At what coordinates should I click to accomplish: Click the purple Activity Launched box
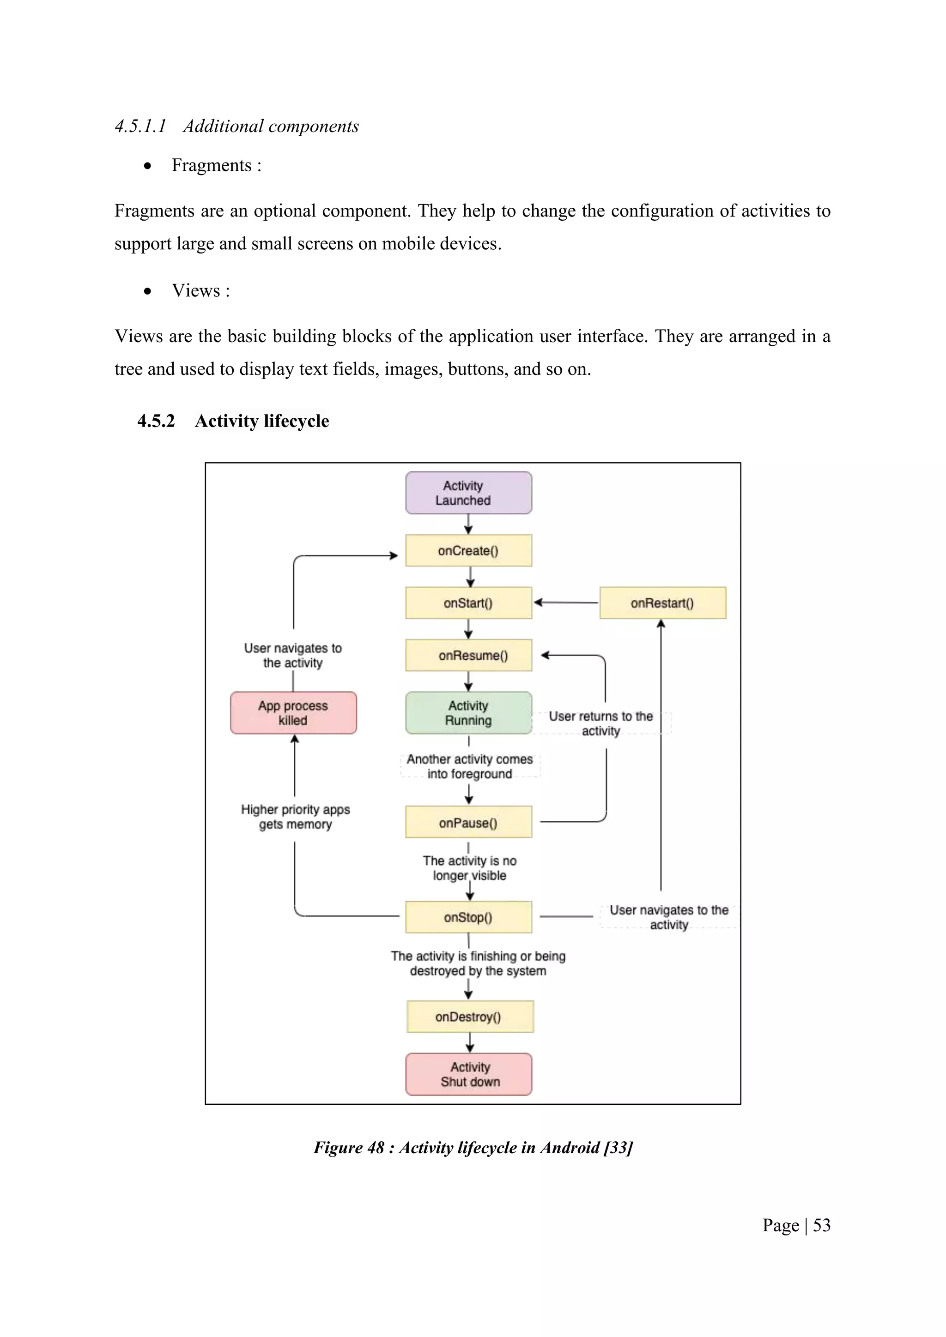pyautogui.click(x=468, y=493)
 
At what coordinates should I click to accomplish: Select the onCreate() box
pyautogui.click(x=468, y=550)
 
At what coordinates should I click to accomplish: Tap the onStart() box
pyautogui.click(x=468, y=602)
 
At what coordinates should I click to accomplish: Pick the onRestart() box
pyautogui.click(x=662, y=602)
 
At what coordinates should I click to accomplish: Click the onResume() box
pyautogui.click(x=468, y=655)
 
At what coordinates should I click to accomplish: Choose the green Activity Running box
pyautogui.click(x=468, y=713)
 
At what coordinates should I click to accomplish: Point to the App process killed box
pyautogui.click(x=293, y=713)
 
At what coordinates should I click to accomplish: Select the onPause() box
pyautogui.click(x=468, y=822)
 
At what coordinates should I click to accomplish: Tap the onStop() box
pyautogui.click(x=468, y=917)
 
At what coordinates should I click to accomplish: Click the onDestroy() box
pyautogui.click(x=469, y=1017)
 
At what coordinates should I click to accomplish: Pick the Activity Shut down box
pyautogui.click(x=468, y=1074)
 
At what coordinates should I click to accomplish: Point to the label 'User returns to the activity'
pyautogui.click(x=600, y=723)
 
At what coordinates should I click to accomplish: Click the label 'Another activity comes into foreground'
pyautogui.click(x=469, y=766)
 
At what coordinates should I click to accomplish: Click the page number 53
pyautogui.click(x=821, y=1225)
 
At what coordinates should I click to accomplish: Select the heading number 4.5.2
pyautogui.click(x=156, y=421)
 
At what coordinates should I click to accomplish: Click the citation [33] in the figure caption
pyautogui.click(x=618, y=1148)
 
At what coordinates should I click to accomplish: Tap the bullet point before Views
pyautogui.click(x=148, y=291)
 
